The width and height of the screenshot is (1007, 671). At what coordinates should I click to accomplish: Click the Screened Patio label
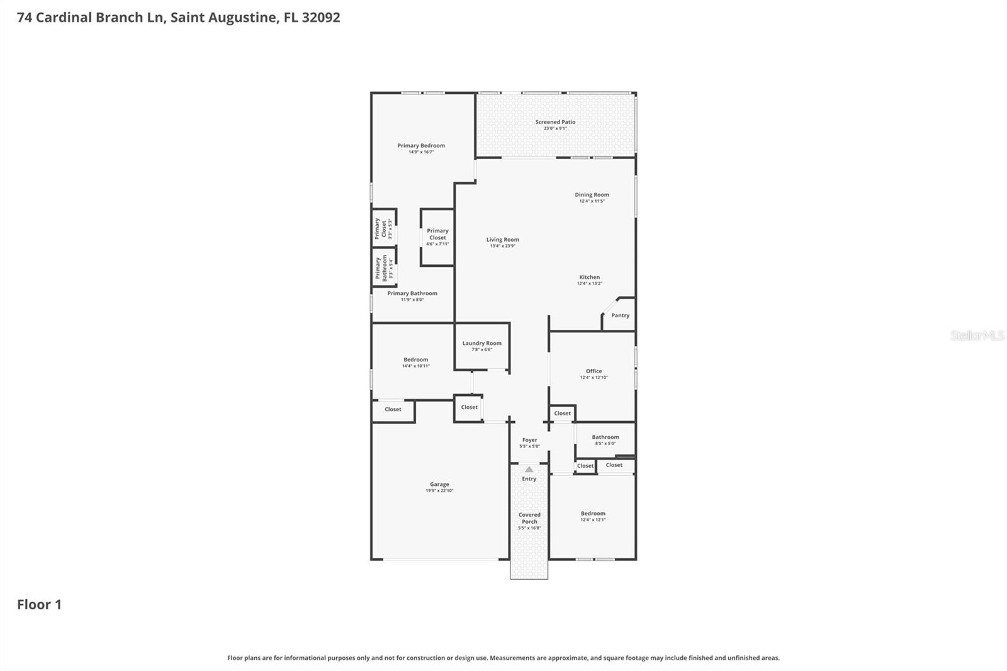[555, 122]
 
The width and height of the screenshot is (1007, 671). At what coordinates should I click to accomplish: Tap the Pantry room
[620, 315]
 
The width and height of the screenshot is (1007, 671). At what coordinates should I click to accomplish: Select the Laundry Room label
[481, 343]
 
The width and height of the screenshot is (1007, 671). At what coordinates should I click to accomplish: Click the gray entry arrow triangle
[529, 469]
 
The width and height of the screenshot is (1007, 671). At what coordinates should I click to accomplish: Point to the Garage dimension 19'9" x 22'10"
[439, 491]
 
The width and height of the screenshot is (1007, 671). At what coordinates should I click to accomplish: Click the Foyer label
[529, 440]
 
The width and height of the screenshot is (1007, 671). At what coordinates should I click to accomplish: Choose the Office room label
[594, 371]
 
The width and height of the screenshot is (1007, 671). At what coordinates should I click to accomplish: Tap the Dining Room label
[592, 195]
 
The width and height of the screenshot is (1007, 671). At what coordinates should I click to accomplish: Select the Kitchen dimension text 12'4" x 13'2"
[590, 284]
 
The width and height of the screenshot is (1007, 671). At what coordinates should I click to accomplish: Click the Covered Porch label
[529, 518]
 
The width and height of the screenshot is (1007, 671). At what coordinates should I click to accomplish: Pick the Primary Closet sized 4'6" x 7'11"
[437, 237]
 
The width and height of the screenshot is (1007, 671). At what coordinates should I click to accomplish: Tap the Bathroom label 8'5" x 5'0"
[605, 437]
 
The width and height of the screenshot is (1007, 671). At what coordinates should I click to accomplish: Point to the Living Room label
[502, 239]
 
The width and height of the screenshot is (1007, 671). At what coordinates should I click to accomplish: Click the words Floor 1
[39, 604]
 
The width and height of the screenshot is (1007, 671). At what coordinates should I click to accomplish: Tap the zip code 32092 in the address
[321, 17]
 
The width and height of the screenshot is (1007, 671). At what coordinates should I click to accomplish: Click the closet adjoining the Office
[562, 414]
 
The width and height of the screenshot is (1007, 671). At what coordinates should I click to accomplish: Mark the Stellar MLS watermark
[977, 335]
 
